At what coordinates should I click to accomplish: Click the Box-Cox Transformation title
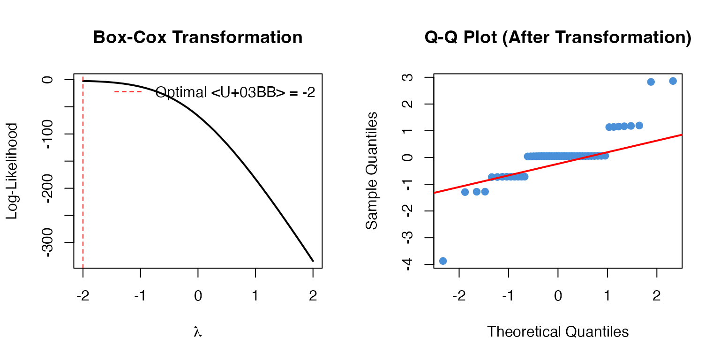pos(198,37)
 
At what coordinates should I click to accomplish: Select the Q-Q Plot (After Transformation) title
pos(558,38)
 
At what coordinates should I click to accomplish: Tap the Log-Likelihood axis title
pos(12,171)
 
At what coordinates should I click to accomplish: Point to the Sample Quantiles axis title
pos(372,171)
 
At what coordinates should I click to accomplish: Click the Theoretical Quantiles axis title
pos(558,332)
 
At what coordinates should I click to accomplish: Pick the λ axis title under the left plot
pos(198,332)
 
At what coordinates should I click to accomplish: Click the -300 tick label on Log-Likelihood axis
pos(47,242)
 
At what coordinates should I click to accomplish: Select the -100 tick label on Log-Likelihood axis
pos(47,134)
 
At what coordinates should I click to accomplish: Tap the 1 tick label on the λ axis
pos(255,295)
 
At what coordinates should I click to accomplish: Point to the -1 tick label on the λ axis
pos(140,295)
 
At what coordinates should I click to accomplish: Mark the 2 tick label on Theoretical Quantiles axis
pos(657,295)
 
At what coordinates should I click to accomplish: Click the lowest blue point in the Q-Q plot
pos(443,261)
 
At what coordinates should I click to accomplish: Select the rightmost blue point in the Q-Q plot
pos(673,81)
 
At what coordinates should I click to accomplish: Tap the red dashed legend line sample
pos(128,92)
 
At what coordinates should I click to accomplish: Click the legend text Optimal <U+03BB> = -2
pos(235,92)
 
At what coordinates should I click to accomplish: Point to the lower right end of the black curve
pos(313,261)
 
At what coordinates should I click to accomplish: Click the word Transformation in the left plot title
pos(238,37)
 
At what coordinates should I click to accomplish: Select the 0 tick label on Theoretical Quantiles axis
pos(558,295)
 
